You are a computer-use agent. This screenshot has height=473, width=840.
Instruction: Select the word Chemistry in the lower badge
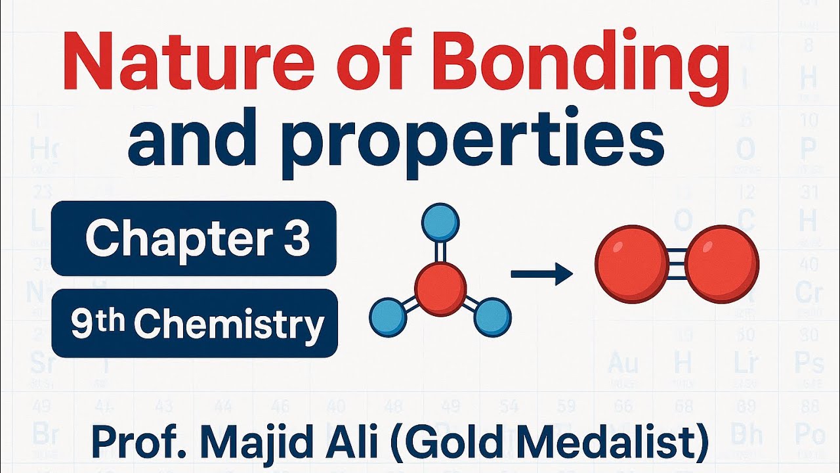pos(232,324)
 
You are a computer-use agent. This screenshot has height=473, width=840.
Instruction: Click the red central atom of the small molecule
pos(440,288)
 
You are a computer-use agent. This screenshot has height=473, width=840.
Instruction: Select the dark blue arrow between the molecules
pos(541,273)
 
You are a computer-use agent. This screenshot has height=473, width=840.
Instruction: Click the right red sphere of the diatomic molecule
pos(723,264)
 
